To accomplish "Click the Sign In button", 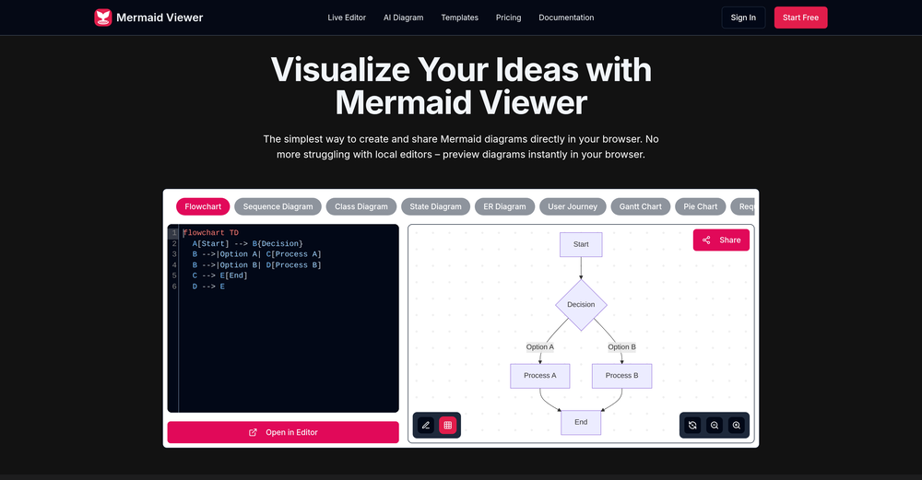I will pyautogui.click(x=743, y=18).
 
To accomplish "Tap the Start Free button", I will pyautogui.click(x=800, y=18).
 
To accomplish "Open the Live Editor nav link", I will pyautogui.click(x=348, y=18).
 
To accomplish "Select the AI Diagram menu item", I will pyautogui.click(x=404, y=18).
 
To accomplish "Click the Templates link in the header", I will pyautogui.click(x=459, y=18).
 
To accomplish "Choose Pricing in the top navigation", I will pyautogui.click(x=508, y=18).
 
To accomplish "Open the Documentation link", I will pyautogui.click(x=566, y=18).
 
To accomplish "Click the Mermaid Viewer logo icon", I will pyautogui.click(x=103, y=18).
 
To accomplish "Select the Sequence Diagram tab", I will pyautogui.click(x=278, y=206).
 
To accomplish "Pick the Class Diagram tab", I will pyautogui.click(x=361, y=206).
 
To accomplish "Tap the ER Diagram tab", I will pyautogui.click(x=504, y=206).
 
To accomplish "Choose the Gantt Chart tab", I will pyautogui.click(x=640, y=206).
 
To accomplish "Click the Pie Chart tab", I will pyautogui.click(x=701, y=206).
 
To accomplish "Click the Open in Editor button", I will pyautogui.click(x=283, y=432).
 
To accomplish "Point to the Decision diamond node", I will pyautogui.click(x=581, y=304).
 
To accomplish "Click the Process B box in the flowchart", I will pyautogui.click(x=621, y=376).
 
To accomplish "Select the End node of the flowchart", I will pyautogui.click(x=581, y=422).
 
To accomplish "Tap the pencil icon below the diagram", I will pyautogui.click(x=425, y=425).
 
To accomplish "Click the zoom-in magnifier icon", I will pyautogui.click(x=736, y=425).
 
